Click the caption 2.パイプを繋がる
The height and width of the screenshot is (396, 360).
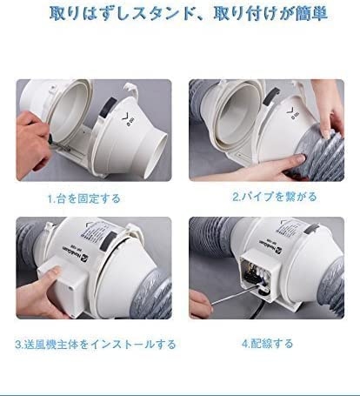click(x=270, y=197)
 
